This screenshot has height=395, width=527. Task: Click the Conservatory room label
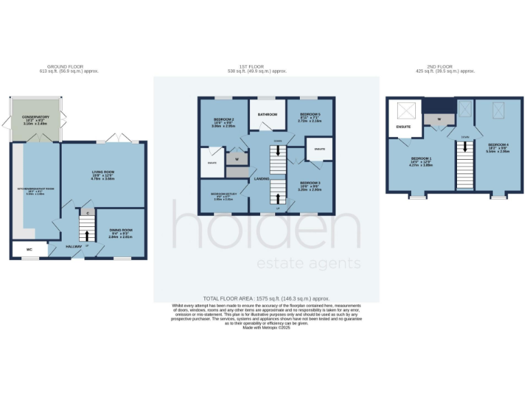click(x=36, y=117)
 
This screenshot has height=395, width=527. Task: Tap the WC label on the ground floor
click(x=29, y=250)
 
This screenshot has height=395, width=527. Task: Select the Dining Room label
click(x=121, y=230)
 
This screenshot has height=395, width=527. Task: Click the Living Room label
click(x=102, y=173)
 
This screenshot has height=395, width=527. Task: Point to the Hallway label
click(x=73, y=246)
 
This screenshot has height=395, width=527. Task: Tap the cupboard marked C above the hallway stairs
click(x=88, y=213)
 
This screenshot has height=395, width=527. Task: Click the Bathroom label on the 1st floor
click(x=267, y=114)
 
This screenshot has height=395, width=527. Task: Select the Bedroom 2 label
click(x=224, y=119)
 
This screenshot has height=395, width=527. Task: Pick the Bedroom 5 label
click(x=310, y=114)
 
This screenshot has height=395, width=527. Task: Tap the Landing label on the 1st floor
click(x=261, y=179)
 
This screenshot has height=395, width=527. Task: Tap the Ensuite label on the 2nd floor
click(x=403, y=127)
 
